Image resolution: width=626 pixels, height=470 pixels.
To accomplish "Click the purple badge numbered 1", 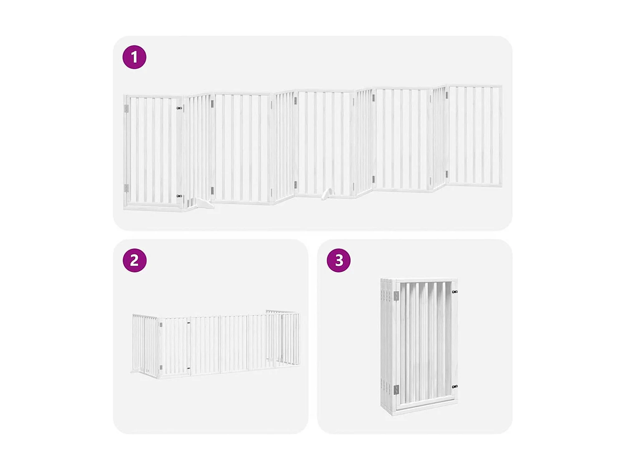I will [x=134, y=57].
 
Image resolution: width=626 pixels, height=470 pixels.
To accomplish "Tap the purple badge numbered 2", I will [x=134, y=260].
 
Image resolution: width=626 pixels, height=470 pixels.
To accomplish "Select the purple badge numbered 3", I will [x=338, y=260].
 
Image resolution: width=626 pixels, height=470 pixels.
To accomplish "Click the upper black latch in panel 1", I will [x=179, y=108].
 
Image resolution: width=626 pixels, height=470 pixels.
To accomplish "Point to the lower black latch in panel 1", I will [x=179, y=196].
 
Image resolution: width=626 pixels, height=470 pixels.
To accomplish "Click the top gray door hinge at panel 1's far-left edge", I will [x=126, y=109].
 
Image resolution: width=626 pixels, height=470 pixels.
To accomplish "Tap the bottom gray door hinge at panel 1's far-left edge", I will [x=126, y=188].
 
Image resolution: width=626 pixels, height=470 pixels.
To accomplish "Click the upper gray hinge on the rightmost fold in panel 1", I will [x=447, y=95].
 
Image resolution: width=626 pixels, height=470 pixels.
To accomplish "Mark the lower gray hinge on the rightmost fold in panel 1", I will [x=447, y=174].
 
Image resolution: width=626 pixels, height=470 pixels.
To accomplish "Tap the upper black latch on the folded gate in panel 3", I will [x=454, y=292].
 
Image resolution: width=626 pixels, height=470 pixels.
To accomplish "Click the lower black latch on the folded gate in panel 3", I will [x=454, y=387].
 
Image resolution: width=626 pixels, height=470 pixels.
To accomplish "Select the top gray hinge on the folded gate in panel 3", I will [x=396, y=296].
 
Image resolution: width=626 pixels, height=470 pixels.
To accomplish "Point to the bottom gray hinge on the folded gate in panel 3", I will [x=396, y=390].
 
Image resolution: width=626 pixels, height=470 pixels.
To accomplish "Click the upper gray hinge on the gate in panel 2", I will [x=161, y=324].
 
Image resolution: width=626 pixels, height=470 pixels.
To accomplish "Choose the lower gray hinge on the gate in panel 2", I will [x=161, y=368].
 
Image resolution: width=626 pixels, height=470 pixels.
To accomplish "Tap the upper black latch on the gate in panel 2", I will [x=189, y=323].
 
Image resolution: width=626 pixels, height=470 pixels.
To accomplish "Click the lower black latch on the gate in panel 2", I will [x=189, y=368].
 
